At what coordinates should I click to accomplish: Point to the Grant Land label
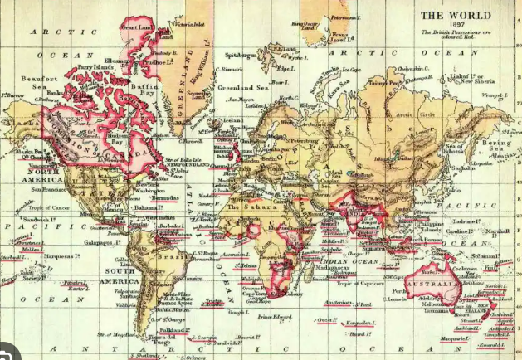click(136, 27)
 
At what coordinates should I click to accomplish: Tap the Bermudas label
click(166, 199)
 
